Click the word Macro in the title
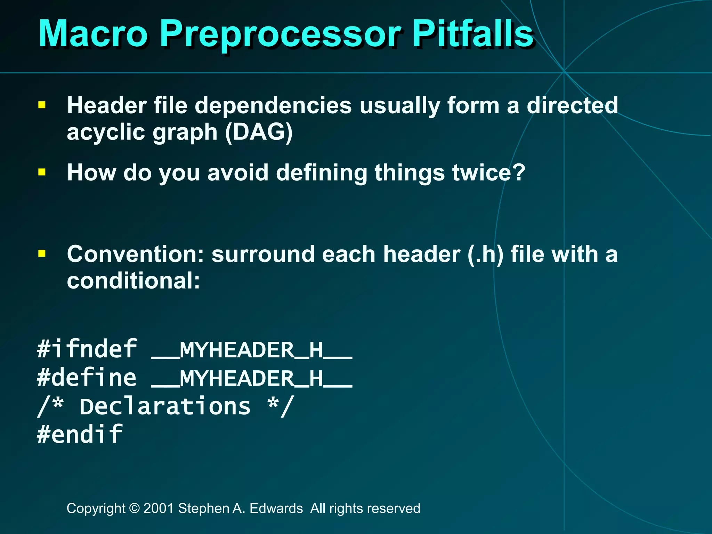click(x=93, y=34)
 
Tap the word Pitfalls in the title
click(x=473, y=34)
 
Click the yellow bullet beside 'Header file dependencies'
click(x=42, y=105)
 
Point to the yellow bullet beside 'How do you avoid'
click(x=42, y=172)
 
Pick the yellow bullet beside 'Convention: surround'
click(x=42, y=253)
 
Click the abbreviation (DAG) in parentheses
click(x=259, y=132)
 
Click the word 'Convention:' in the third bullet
click(x=136, y=254)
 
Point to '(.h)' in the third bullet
click(x=485, y=254)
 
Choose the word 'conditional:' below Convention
click(x=133, y=281)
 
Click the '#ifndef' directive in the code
click(x=87, y=349)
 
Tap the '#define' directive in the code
click(x=87, y=378)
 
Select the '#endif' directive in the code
click(x=80, y=434)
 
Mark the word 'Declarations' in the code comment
click(x=165, y=406)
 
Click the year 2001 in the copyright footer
click(x=159, y=508)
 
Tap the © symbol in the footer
click(x=134, y=508)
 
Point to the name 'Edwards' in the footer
click(x=276, y=508)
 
